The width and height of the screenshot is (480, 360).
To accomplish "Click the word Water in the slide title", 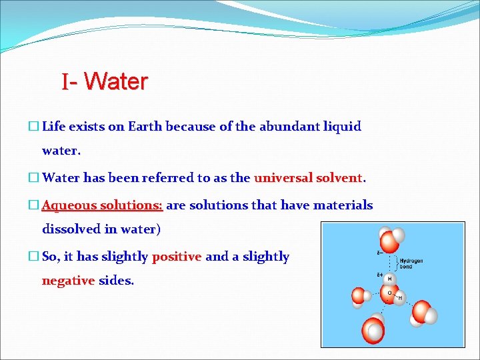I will pyautogui.click(x=116, y=82).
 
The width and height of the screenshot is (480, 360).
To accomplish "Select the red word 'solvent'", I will pyautogui.click(x=339, y=178).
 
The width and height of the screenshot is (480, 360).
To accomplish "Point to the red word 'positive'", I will pyautogui.click(x=177, y=257).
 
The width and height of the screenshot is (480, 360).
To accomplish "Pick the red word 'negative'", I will pyautogui.click(x=68, y=281).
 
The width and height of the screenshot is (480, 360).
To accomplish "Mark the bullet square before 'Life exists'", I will pyautogui.click(x=34, y=127).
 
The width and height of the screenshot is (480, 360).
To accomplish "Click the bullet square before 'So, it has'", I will pyautogui.click(x=34, y=257).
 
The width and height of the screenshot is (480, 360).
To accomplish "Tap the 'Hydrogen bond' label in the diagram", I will pyautogui.click(x=411, y=263).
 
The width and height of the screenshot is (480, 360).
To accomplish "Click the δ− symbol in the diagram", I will pyautogui.click(x=379, y=253).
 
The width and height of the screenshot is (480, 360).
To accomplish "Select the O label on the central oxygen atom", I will pyautogui.click(x=389, y=292).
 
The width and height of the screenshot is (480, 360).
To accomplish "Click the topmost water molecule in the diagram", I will pyautogui.click(x=391, y=239).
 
